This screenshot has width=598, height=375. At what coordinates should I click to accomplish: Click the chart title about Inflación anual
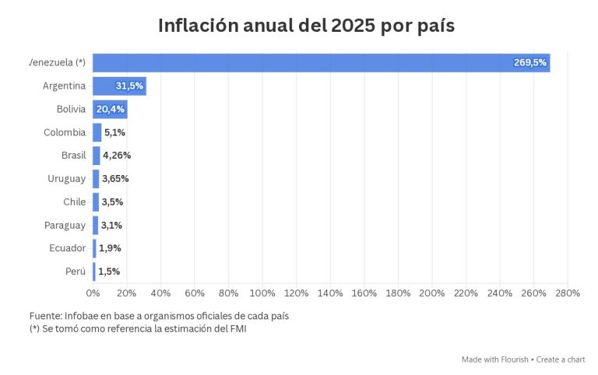point(306,25)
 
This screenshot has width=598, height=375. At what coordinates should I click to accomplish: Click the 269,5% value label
point(530,63)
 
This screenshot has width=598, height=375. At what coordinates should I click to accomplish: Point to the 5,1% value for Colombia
point(114,132)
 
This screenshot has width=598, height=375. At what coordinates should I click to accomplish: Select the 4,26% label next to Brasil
point(117,156)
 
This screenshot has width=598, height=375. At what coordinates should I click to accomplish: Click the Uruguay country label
point(66,179)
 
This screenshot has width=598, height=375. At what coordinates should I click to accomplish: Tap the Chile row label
point(75,202)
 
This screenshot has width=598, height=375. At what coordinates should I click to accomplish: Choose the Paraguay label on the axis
point(65,226)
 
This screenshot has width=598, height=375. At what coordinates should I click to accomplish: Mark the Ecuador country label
point(67,248)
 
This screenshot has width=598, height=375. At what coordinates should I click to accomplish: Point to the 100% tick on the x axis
point(262,293)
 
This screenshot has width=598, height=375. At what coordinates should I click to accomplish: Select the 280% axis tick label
point(568,293)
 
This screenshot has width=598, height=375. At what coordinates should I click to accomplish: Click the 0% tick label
point(93,293)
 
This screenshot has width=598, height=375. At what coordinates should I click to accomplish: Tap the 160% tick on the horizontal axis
point(364,293)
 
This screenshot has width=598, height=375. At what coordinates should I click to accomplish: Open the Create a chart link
point(561,359)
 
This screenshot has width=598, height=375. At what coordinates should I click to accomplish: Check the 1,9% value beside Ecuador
point(110,248)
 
